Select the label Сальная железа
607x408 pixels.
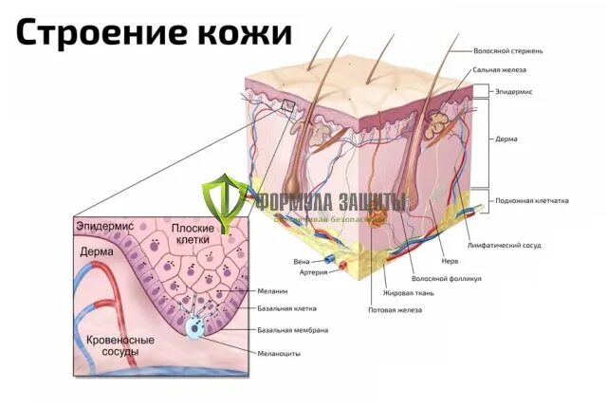pos(499,70)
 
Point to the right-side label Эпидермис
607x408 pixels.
pos(513,91)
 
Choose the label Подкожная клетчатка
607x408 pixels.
pos(531,201)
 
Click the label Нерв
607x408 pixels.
pos(450,261)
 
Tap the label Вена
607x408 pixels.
pos(301,260)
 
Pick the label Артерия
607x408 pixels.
pos(313,272)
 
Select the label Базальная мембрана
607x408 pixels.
pos(293,330)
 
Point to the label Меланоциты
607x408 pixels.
pos(279,353)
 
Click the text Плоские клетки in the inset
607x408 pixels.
pos(196,235)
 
